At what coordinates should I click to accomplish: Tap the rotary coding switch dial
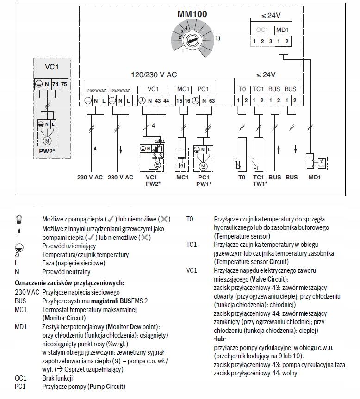[192, 42]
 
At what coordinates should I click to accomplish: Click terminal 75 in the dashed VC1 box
[64, 84]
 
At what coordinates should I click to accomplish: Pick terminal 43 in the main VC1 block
[158, 101]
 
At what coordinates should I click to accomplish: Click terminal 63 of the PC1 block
[211, 101]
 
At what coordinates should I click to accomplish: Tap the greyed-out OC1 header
[262, 30]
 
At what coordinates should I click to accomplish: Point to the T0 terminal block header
[242, 89]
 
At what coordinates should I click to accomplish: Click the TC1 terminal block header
[258, 89]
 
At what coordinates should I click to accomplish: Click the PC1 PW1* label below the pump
[204, 180]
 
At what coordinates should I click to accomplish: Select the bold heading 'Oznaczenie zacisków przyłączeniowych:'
[69, 283]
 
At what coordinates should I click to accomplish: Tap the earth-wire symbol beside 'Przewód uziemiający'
[19, 246]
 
